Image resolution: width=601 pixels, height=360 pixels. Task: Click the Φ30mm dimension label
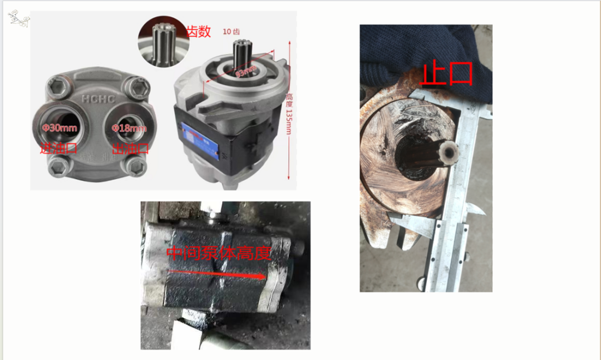(x=59, y=128)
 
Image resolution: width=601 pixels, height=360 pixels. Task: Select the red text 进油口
(x=58, y=148)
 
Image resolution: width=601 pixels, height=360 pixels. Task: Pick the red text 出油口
(x=130, y=149)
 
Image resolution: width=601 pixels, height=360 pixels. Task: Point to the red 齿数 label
(x=199, y=32)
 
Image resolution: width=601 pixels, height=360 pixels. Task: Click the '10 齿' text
(x=231, y=31)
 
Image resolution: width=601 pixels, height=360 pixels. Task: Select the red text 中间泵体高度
(x=219, y=253)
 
